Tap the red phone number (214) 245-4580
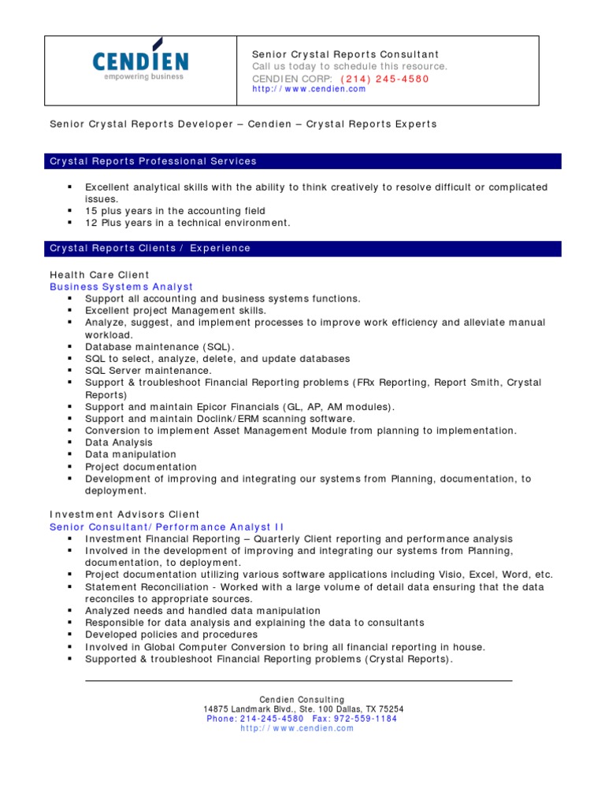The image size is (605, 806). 385,79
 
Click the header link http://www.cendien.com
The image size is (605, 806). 309,89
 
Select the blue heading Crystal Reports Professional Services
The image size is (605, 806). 154,161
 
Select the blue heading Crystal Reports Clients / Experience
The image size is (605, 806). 150,249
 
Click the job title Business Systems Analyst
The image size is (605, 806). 121,287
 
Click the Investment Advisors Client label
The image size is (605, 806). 124,515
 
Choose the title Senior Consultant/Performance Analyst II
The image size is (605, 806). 167,527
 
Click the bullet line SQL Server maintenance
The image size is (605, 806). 148,371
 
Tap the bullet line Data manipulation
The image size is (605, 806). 131,455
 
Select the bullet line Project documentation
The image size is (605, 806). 141,467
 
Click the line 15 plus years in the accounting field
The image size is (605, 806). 175,211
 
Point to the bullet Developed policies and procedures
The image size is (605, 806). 171,635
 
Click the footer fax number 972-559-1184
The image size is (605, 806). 366,719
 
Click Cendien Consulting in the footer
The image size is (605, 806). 302,700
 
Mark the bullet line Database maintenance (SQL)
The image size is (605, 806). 160,346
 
